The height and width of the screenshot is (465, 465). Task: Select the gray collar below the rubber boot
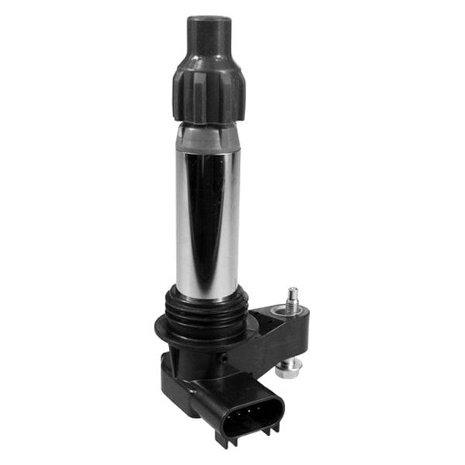click(x=206, y=138)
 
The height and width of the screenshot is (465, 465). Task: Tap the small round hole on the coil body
click(x=224, y=358)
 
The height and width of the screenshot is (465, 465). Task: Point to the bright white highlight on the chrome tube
click(x=184, y=225)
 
